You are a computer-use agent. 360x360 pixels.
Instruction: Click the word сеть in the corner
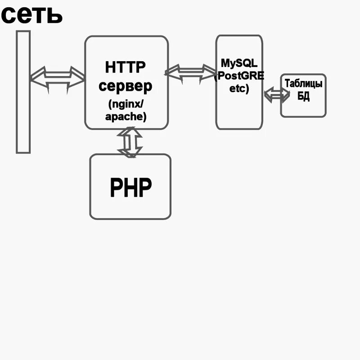click(31, 14)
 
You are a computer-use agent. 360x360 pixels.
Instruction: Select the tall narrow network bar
click(23, 92)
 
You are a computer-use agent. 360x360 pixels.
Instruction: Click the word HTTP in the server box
click(126, 67)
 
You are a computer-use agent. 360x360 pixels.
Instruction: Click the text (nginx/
click(126, 103)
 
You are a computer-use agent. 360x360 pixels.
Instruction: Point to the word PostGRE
click(239, 75)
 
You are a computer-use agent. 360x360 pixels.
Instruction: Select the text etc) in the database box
click(239, 88)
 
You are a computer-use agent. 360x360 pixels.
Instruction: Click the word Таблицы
click(303, 84)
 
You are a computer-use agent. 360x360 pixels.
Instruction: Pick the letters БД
click(303, 97)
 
